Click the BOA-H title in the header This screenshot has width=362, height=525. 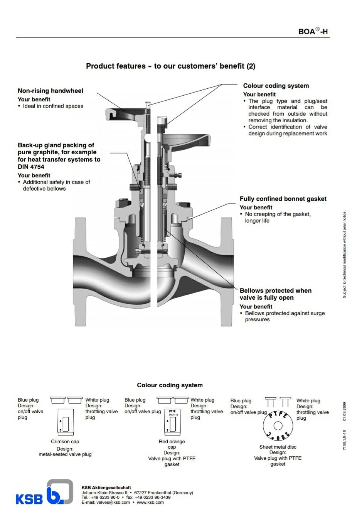click(x=313, y=31)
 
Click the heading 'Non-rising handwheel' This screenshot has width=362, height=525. click(x=50, y=91)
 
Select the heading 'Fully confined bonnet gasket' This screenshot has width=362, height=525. click(x=283, y=199)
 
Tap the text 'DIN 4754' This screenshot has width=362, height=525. click(x=31, y=167)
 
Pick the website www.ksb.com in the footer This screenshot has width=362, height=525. click(x=150, y=502)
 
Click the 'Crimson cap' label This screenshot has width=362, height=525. click(x=65, y=441)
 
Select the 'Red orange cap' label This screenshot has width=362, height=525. click(x=172, y=444)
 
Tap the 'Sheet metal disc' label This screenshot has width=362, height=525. click(x=278, y=447)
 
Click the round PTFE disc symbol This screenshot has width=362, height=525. click(x=278, y=426)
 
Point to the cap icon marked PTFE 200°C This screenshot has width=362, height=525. click(x=172, y=421)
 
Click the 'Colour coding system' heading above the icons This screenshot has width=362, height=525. click(x=170, y=385)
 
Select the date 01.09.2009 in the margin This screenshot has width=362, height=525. click(x=345, y=412)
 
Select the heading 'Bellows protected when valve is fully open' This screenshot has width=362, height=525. click(x=275, y=294)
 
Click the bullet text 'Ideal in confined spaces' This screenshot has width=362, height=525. click(x=53, y=106)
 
